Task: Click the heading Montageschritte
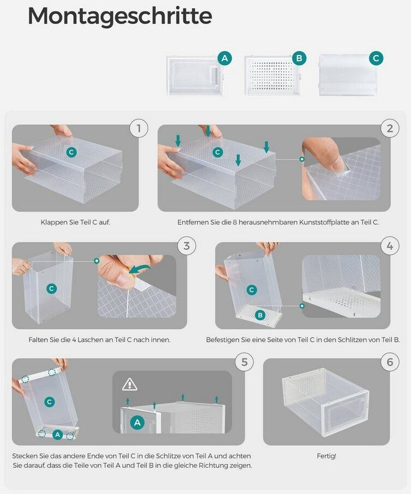tap(120, 16)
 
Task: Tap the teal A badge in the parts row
tap(225, 58)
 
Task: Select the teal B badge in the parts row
tap(299, 58)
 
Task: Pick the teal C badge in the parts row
tap(376, 58)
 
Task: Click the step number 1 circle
tap(139, 128)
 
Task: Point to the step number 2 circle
tap(390, 128)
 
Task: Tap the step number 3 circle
tap(186, 245)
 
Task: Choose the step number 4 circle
tap(390, 245)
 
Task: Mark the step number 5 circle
tap(244, 362)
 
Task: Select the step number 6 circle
tap(390, 362)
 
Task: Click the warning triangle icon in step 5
tap(129, 384)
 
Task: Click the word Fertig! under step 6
tap(327, 456)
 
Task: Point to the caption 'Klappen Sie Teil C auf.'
tap(75, 222)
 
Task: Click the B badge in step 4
tap(260, 315)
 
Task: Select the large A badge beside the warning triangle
tap(137, 423)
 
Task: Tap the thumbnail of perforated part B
tap(273, 76)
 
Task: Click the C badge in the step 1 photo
tap(71, 152)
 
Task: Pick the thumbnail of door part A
tap(195, 76)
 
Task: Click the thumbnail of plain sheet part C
tap(348, 75)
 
